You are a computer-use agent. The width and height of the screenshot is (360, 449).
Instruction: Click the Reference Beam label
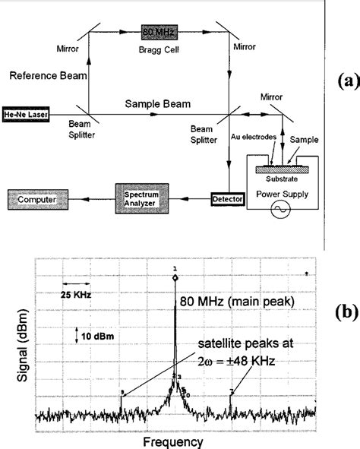coord(40,77)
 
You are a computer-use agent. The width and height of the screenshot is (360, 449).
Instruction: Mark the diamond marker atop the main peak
coord(175,278)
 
